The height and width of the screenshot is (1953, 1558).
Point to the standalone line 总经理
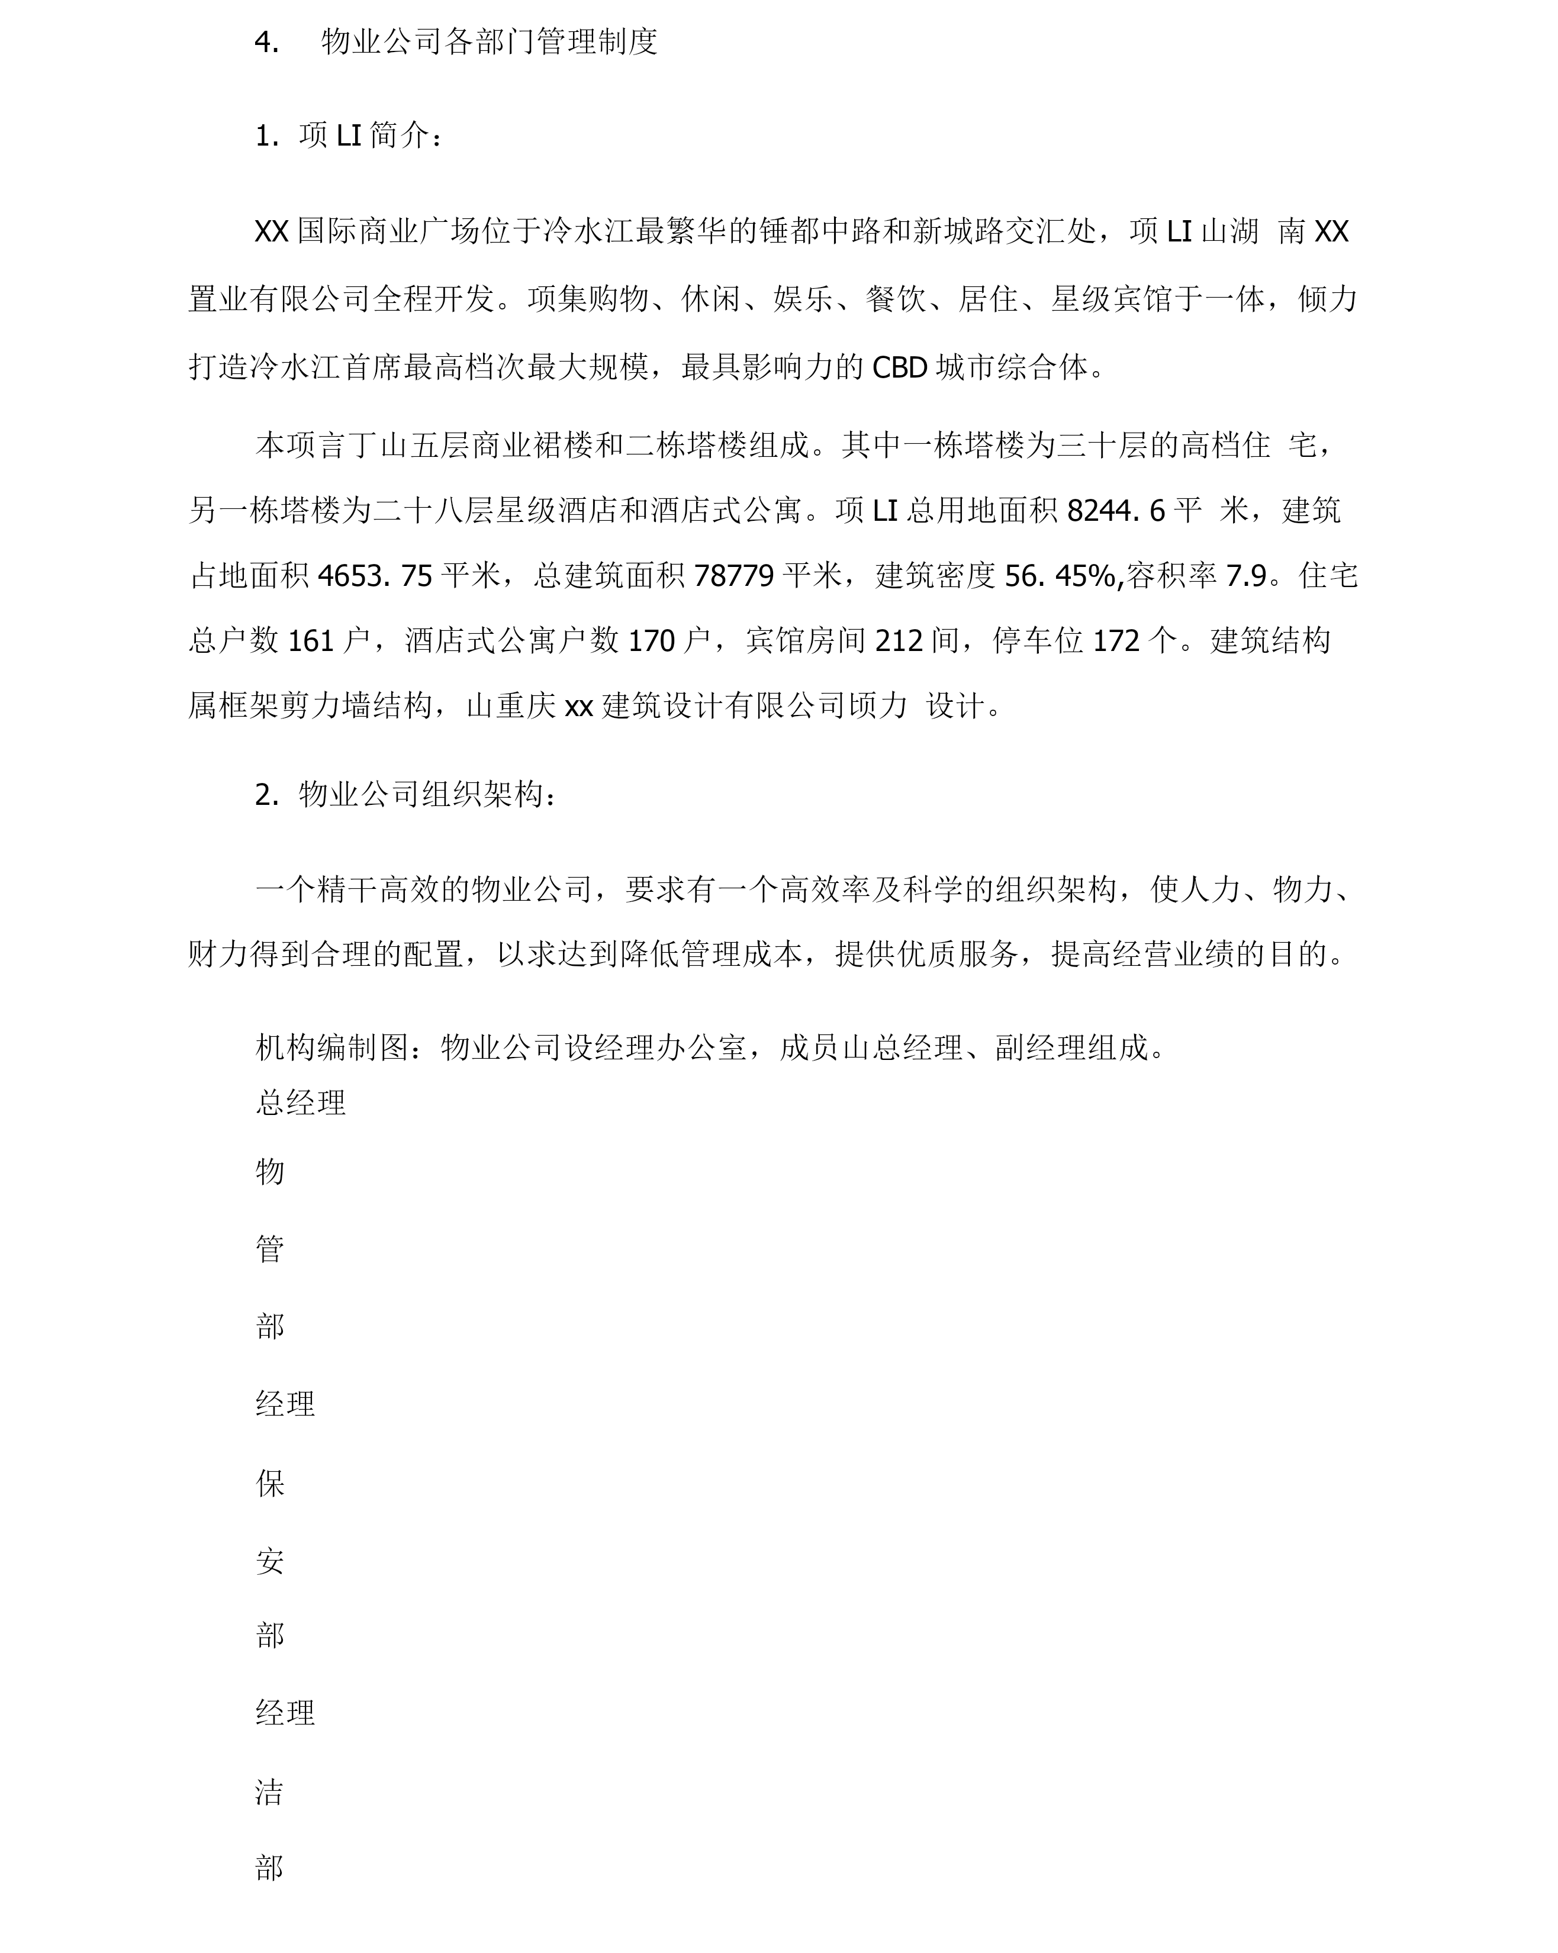(301, 1103)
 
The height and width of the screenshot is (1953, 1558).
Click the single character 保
(270, 1483)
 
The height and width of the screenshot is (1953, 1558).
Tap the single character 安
(270, 1560)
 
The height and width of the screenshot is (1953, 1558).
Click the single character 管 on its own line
(270, 1249)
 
